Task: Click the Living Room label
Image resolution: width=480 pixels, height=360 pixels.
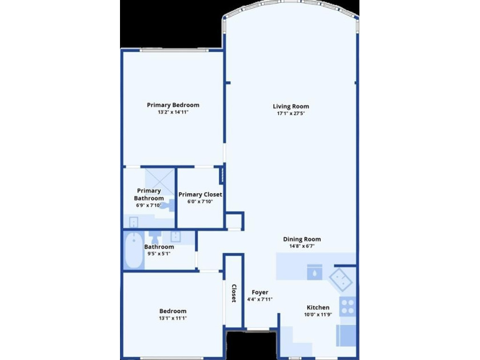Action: click(291, 106)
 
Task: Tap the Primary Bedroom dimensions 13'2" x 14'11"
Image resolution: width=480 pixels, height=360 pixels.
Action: click(173, 112)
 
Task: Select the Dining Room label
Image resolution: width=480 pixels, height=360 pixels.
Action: click(302, 239)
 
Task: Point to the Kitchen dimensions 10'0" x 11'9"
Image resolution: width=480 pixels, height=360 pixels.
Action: click(318, 314)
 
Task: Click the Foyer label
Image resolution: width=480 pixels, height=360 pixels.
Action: click(260, 293)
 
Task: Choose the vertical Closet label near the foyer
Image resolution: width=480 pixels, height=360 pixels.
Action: click(234, 293)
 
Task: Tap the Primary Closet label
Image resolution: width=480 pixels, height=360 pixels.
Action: click(200, 194)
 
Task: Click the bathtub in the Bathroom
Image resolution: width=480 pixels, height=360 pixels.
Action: click(134, 250)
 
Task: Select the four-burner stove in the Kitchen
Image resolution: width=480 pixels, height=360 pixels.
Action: click(347, 307)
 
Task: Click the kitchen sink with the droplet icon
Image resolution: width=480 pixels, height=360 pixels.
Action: click(314, 272)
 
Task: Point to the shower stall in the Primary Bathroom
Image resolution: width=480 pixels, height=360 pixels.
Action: click(159, 182)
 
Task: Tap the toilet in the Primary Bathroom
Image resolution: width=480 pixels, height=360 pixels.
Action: click(168, 205)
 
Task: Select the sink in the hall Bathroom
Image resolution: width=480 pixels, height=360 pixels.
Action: click(176, 237)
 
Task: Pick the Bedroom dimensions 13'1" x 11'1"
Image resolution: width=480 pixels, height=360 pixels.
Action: click(173, 318)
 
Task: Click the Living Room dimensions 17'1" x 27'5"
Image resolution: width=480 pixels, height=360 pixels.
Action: click(291, 113)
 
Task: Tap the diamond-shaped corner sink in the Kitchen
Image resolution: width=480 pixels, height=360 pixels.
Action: click(341, 280)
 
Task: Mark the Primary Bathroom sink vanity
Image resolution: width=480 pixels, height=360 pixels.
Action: click(134, 222)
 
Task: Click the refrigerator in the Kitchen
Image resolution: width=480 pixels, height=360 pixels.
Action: click(346, 335)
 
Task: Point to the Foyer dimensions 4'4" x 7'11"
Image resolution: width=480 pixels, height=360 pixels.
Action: click(260, 299)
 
